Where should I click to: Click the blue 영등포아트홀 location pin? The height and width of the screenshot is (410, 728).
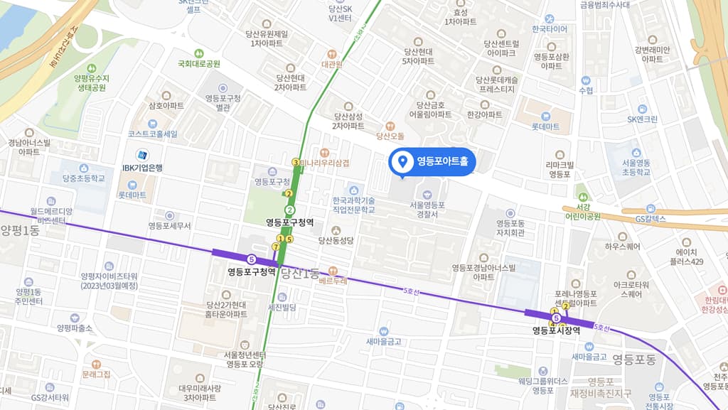click(x=403, y=161)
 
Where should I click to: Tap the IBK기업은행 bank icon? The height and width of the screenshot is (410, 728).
click(x=142, y=155)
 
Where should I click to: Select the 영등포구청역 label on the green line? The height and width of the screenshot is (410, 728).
click(x=290, y=222)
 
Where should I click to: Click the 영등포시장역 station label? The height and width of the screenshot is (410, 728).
click(x=557, y=330)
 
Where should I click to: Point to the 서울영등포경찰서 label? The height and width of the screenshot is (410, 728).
click(x=427, y=210)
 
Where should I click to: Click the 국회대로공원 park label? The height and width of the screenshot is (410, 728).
click(x=199, y=63)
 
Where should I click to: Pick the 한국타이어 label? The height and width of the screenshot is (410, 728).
click(x=550, y=29)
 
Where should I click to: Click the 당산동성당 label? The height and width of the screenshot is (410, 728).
click(x=336, y=241)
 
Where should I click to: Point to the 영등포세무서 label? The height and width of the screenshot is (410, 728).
click(x=169, y=226)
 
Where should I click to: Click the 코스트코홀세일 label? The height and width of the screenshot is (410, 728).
click(x=153, y=134)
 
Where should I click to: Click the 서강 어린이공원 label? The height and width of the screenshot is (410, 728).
click(x=582, y=212)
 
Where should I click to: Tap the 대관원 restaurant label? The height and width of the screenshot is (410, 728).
click(x=331, y=64)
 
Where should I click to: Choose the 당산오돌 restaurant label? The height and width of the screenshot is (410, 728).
click(x=390, y=136)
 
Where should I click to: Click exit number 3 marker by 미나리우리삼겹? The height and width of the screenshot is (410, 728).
click(x=296, y=162)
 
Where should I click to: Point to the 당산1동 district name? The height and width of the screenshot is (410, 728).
click(x=300, y=272)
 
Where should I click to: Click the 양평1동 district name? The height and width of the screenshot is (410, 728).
click(x=20, y=230)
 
